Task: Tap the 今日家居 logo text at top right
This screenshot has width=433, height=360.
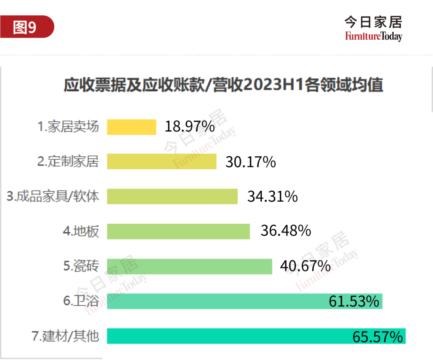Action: (373, 22)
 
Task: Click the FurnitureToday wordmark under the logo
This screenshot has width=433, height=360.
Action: (373, 36)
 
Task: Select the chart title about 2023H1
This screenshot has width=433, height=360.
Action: (223, 85)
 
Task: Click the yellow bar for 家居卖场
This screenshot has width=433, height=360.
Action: (132, 127)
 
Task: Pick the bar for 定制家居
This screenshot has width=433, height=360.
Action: (162, 162)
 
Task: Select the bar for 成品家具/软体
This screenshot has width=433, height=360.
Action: (172, 196)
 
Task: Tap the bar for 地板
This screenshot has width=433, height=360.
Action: (178, 231)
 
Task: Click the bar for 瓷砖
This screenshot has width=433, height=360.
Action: (189, 266)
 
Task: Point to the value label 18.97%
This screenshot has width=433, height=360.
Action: (190, 127)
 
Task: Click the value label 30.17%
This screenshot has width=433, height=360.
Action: (251, 162)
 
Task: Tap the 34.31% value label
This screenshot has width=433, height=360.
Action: (272, 196)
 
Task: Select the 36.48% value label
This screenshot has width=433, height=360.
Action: (285, 231)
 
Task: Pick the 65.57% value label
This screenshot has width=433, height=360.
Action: (377, 337)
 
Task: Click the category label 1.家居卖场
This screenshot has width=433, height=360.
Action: (68, 127)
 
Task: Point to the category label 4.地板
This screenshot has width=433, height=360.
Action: (81, 231)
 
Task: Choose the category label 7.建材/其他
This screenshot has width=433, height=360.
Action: (65, 336)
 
